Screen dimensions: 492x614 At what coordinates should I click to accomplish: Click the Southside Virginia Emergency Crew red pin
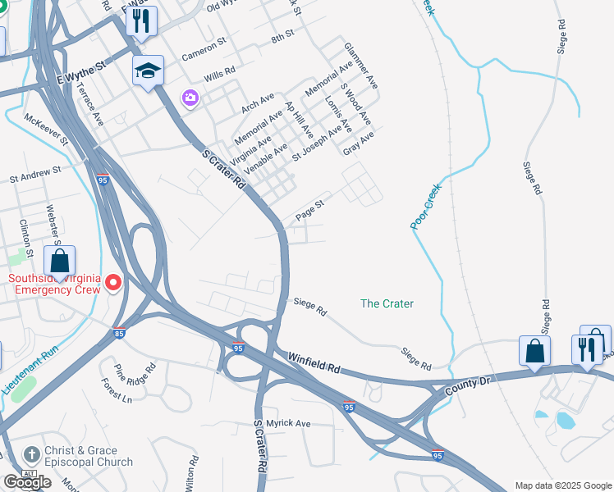tap(113, 284)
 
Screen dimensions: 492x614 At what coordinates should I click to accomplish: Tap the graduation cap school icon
tap(149, 71)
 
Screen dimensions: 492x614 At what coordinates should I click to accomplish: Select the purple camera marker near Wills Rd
tap(190, 98)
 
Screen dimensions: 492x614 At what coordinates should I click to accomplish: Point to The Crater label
tap(387, 303)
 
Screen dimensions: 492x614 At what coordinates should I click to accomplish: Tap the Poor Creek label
tap(426, 205)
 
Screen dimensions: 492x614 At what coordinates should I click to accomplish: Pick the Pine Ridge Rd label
tap(135, 375)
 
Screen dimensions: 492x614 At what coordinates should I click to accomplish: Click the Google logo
tap(27, 482)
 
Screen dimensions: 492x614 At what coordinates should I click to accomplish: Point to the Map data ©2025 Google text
tap(564, 485)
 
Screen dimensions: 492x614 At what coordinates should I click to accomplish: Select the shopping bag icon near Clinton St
tap(59, 262)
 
